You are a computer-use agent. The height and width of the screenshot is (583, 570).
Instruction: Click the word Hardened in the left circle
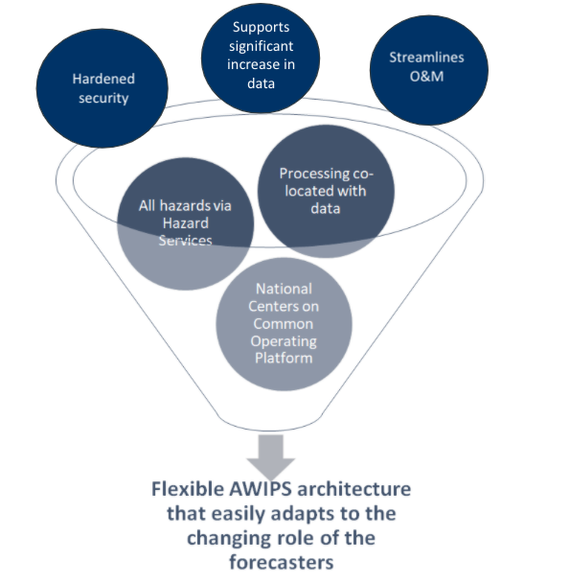point(103,79)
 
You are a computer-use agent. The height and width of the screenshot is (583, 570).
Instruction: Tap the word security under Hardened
point(103,98)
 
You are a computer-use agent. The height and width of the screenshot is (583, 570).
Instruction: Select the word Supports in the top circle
point(261,28)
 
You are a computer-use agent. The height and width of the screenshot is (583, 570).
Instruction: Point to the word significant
point(261,46)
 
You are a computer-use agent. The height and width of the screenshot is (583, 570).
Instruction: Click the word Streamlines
point(426,58)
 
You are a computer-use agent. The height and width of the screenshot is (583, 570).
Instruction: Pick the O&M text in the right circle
point(426,76)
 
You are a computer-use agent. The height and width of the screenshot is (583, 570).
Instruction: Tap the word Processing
point(314,174)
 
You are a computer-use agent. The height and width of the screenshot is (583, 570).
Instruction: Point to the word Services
point(186,241)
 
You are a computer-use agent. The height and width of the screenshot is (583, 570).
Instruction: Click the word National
point(284,289)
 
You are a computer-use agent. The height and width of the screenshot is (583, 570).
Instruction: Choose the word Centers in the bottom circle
point(271,307)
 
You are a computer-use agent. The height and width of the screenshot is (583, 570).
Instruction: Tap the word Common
point(284,324)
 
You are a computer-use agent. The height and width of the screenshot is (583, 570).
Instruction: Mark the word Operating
point(284,341)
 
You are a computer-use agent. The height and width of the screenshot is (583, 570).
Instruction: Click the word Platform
point(284,358)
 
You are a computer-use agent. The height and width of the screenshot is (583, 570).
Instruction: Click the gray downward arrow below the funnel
point(271,456)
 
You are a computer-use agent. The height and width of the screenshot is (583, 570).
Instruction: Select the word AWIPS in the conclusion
point(261,489)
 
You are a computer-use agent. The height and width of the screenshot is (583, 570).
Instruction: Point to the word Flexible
point(188,489)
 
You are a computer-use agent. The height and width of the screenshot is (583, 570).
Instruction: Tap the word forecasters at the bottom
point(282,562)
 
